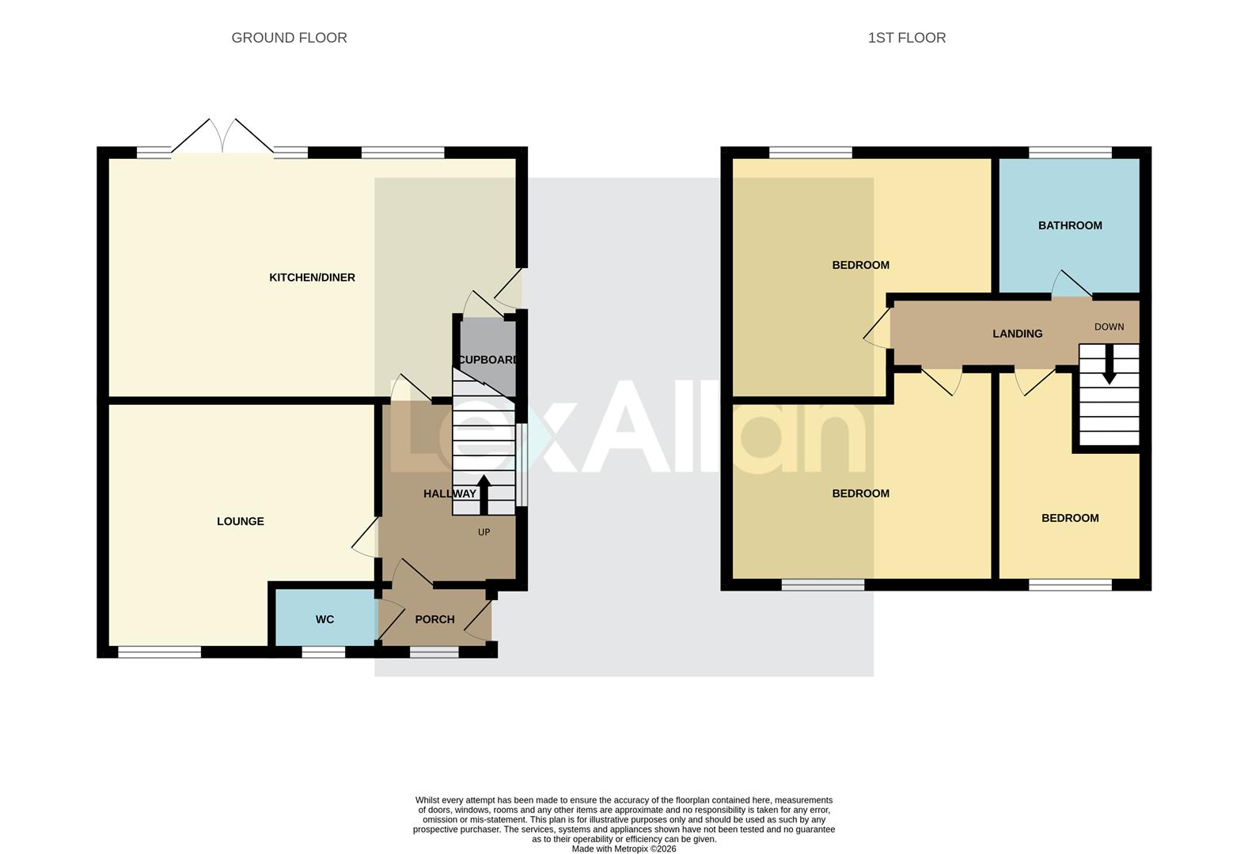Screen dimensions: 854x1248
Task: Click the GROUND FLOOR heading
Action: pos(289,38)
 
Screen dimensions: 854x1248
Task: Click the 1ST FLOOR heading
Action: pos(906,38)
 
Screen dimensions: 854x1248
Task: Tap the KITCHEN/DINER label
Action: pos(312,278)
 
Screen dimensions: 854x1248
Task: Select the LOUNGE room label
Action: pos(241,521)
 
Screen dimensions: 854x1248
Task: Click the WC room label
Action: pos(324,619)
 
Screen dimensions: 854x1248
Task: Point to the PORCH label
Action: pos(434,619)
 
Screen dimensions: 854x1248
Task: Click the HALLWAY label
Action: pos(450,493)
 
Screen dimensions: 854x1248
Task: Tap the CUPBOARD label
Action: pos(488,360)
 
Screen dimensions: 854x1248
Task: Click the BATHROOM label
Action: pos(1070,225)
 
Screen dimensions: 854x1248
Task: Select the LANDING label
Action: pos(1017,334)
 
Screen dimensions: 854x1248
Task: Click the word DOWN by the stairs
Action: pos(1109,327)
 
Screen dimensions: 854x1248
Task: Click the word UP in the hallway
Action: pos(484,532)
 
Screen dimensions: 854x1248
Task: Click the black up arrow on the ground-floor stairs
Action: pos(484,493)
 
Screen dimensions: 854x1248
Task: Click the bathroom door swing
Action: pos(1072,284)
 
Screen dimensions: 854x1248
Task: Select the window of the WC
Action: pos(323,652)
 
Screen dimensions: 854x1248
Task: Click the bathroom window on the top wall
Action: pos(1070,153)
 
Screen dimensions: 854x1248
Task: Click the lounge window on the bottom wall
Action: pos(159,652)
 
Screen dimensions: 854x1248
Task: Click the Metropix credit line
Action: pos(624,849)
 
